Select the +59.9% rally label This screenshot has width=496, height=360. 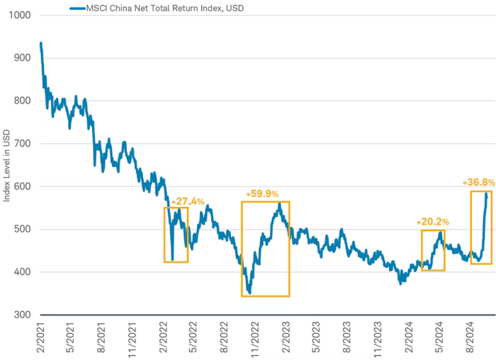262,193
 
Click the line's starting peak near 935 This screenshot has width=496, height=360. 40,43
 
